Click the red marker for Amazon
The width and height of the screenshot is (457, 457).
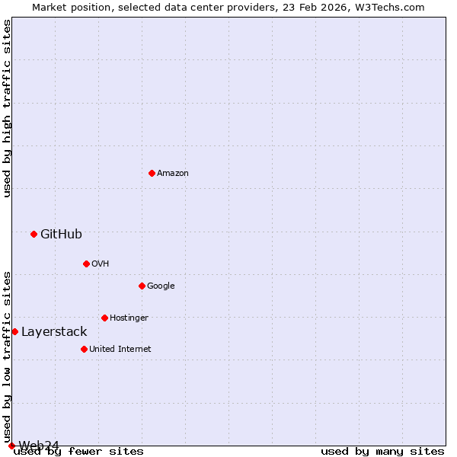(x=152, y=173)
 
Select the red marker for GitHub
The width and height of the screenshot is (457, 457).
(x=34, y=234)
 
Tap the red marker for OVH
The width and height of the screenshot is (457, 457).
(x=86, y=264)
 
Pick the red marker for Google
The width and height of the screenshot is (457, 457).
(x=142, y=286)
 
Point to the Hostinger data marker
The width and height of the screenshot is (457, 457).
(x=104, y=318)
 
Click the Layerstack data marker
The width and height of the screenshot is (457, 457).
(x=14, y=331)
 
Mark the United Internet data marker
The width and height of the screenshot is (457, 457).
(x=84, y=349)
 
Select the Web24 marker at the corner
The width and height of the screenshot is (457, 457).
(x=11, y=446)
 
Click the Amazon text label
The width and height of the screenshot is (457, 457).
(x=173, y=174)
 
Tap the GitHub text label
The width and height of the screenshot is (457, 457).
(x=61, y=235)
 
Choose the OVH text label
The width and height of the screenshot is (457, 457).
(x=101, y=264)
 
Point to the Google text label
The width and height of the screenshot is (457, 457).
(x=161, y=286)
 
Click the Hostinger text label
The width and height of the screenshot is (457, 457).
(x=129, y=318)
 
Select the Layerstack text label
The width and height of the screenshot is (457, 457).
(x=54, y=332)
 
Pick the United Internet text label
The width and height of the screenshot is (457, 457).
(x=120, y=350)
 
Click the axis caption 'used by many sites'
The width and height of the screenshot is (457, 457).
(x=382, y=452)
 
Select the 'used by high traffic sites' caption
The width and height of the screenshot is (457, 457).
(x=8, y=108)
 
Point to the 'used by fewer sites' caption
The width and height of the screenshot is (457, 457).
(x=78, y=452)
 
